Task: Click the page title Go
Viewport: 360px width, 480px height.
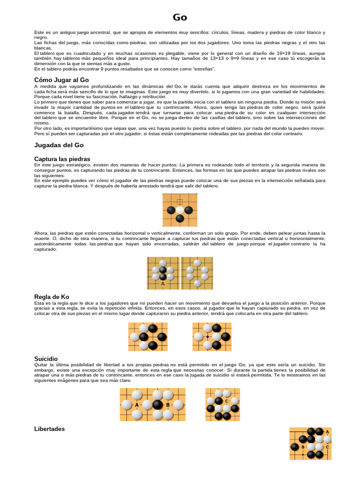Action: tap(180, 17)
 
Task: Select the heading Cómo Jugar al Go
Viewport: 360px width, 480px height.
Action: tap(61, 80)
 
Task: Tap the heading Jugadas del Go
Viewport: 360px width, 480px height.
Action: tap(59, 145)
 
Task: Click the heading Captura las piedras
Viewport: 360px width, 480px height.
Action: tap(62, 159)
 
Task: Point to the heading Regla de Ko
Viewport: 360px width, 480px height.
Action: tap(52, 297)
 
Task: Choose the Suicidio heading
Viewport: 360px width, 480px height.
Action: tap(46, 359)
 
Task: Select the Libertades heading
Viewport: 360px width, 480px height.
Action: tap(50, 429)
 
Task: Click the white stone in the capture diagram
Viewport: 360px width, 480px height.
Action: tap(180, 210)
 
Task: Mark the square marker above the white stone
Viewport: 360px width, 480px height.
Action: tap(180, 202)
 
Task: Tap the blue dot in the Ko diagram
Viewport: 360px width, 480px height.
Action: tap(208, 337)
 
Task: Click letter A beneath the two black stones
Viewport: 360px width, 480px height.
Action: tap(163, 284)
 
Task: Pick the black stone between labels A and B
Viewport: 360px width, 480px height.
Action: tap(157, 405)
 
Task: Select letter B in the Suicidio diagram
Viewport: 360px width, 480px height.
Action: tap(168, 405)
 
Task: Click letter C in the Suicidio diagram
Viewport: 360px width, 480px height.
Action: tap(227, 401)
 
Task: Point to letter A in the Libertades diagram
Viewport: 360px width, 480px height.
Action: tap(327, 432)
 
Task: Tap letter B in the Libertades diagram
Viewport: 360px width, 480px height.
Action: tap(303, 447)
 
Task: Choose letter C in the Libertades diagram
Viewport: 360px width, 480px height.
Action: tap(327, 447)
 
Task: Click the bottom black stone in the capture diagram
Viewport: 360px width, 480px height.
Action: tap(180, 218)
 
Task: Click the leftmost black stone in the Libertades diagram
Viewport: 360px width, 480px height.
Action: tap(294, 447)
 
